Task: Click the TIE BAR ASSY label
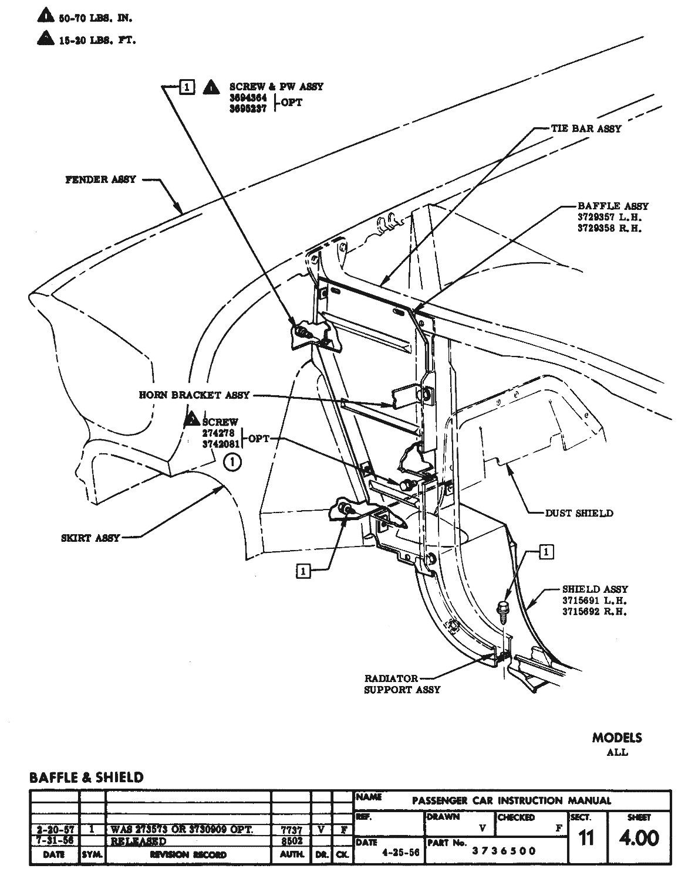585,128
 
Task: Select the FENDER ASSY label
100,179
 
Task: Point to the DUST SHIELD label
579,513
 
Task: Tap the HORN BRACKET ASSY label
194,395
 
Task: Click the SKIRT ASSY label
90,538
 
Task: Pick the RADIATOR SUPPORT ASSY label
402,684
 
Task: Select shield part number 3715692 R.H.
595,612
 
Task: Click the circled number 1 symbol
233,463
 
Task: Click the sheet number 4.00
639,837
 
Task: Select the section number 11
586,839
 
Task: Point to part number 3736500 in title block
504,851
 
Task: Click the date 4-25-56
400,853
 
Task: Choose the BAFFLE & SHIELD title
86,778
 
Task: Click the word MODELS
617,738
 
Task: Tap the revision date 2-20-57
54,830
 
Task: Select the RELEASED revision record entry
139,841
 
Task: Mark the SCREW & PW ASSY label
276,87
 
